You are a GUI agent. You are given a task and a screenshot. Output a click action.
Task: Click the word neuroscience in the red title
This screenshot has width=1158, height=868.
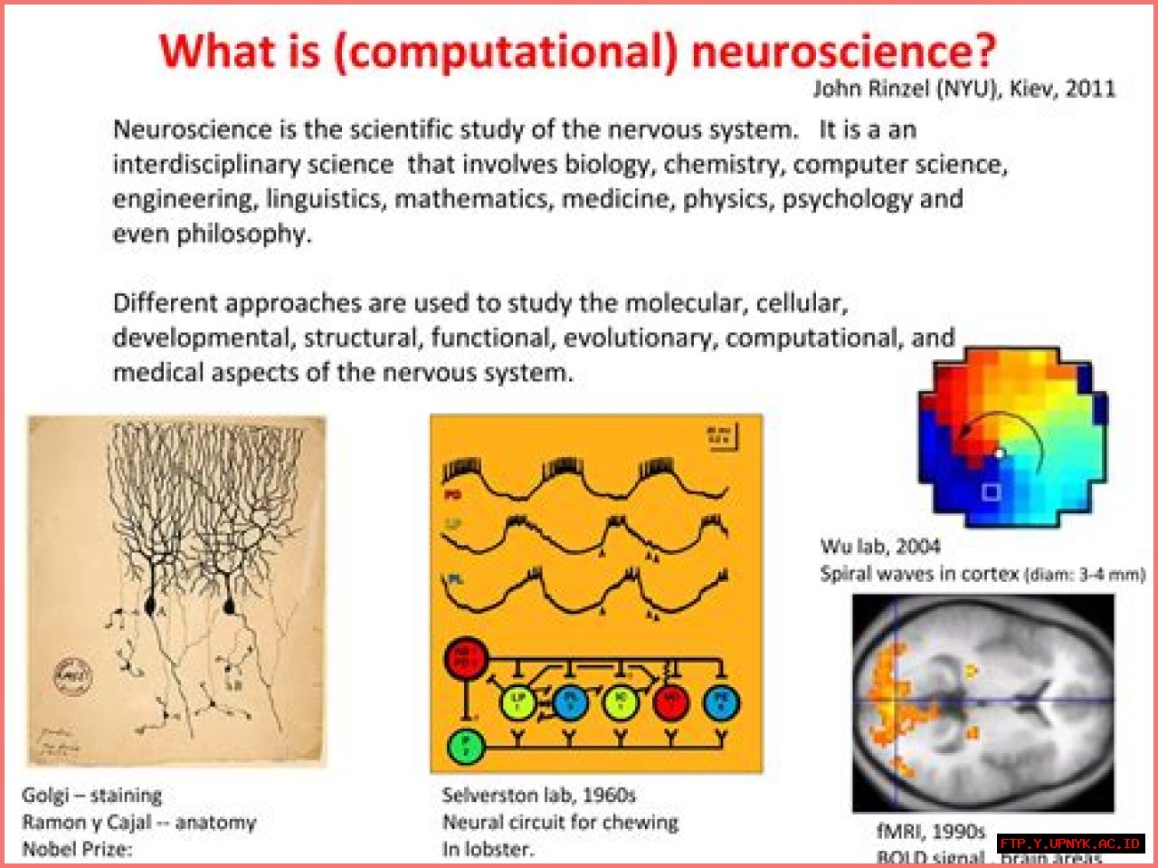click(x=843, y=51)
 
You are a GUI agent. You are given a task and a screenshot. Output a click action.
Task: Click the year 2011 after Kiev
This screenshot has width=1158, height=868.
click(x=1090, y=89)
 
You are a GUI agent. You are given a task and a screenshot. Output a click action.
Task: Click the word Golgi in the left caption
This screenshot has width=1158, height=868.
click(x=45, y=796)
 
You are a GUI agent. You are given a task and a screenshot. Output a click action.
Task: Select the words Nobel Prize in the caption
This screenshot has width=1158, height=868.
click(x=76, y=849)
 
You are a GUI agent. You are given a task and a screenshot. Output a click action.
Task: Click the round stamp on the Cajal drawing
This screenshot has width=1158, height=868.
click(x=73, y=675)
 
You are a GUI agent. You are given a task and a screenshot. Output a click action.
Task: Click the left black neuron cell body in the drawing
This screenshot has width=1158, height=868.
click(x=151, y=603)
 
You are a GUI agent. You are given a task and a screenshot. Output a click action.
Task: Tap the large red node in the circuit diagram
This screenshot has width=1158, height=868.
click(x=467, y=658)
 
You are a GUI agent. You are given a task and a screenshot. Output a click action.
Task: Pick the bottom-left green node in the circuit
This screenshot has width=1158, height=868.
click(x=467, y=747)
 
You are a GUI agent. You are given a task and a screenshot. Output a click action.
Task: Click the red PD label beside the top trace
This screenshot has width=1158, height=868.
click(x=452, y=495)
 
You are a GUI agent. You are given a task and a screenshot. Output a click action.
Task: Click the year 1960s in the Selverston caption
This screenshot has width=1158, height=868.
click(x=609, y=796)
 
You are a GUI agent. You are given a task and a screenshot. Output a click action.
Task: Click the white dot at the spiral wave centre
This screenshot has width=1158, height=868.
click(x=999, y=453)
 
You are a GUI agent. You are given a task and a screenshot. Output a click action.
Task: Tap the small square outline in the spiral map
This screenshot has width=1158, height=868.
click(x=992, y=491)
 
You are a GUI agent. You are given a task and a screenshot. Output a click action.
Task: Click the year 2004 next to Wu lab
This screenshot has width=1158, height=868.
click(x=918, y=547)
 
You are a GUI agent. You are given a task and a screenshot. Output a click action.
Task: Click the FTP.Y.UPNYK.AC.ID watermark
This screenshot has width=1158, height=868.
click(x=1070, y=844)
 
